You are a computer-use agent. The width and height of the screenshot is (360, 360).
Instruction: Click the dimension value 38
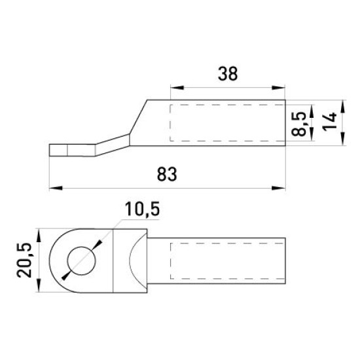point(228,74)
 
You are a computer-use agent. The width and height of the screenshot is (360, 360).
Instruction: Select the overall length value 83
point(167,174)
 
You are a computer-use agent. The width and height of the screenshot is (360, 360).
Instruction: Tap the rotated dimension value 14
point(329,122)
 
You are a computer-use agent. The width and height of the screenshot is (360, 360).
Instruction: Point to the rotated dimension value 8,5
point(298,124)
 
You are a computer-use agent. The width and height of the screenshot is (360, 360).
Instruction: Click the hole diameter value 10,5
point(142,209)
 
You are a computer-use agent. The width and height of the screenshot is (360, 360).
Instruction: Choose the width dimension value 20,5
point(24,260)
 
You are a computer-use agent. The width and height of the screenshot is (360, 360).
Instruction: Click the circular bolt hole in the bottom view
point(82,261)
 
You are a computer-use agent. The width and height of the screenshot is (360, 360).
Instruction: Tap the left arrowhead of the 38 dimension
point(177,88)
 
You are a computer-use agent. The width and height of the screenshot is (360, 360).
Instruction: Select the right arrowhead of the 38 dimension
point(278,88)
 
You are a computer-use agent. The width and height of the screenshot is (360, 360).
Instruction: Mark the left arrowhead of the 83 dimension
point(56,188)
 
